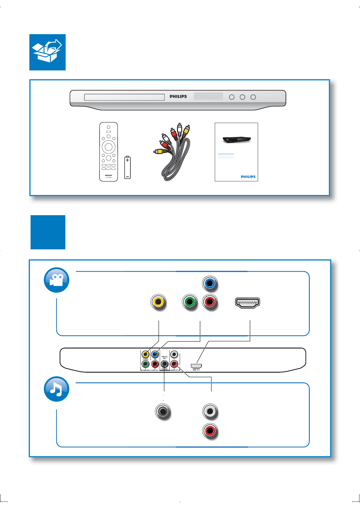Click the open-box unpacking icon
pyautogui.click(x=47, y=52)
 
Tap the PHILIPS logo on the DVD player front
pyautogui.click(x=178, y=96)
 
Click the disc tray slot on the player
pyautogui.click(x=124, y=97)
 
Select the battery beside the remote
pyautogui.click(x=127, y=167)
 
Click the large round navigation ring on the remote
pyautogui.click(x=108, y=147)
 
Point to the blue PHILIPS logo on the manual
pyautogui.click(x=248, y=177)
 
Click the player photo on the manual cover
pyautogui.click(x=237, y=140)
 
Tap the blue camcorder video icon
pyautogui.click(x=57, y=280)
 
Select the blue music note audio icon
pyautogui.click(x=57, y=389)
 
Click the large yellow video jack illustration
pyautogui.click(x=158, y=302)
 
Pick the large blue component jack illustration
pyautogui.click(x=210, y=284)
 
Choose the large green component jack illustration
pyautogui.click(x=190, y=302)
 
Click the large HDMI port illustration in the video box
pyautogui.click(x=247, y=303)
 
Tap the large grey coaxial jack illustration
pyautogui.click(x=163, y=411)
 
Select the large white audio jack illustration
pyautogui.click(x=210, y=411)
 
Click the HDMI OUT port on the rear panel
pyautogui.click(x=196, y=366)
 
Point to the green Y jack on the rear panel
pyautogui.click(x=146, y=364)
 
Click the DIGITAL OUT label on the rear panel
pyautogui.click(x=165, y=357)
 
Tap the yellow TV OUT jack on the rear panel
pyautogui.click(x=146, y=354)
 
